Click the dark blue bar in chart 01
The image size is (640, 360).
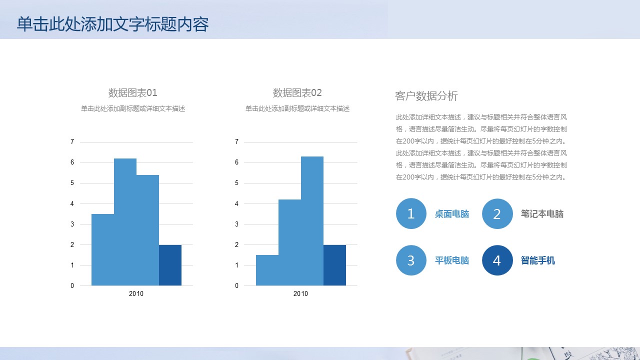(170, 265)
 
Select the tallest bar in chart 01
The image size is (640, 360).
(125, 222)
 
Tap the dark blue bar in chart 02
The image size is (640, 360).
(334, 265)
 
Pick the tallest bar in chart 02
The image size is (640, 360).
(312, 221)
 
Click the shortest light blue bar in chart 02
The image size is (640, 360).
(267, 270)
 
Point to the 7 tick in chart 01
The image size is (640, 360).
(72, 141)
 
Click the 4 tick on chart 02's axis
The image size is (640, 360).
(236, 203)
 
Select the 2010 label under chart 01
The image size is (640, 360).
(136, 293)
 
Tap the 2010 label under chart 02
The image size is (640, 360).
(300, 293)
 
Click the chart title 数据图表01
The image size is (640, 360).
(133, 93)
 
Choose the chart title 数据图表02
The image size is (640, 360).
(297, 93)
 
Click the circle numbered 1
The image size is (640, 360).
(411, 213)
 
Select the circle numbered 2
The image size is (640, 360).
(497, 213)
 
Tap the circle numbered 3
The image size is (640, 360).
(411, 260)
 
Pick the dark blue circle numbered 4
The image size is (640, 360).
(497, 260)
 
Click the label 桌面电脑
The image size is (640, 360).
(452, 214)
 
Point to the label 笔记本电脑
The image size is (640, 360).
(542, 214)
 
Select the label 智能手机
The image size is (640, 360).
(537, 260)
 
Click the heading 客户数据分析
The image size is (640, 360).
(426, 96)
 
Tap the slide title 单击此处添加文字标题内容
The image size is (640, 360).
(113, 24)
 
